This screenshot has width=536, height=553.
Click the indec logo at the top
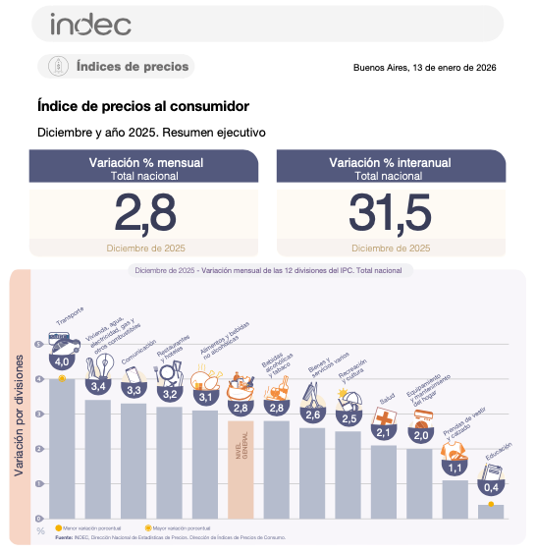89,23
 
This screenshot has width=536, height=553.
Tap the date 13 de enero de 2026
425,68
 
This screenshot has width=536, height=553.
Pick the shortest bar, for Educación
491,512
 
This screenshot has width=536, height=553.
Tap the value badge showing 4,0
62,362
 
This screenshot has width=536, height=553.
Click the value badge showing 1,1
455,469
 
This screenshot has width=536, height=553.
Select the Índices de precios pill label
116,67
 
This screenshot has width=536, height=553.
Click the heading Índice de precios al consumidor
142,106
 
